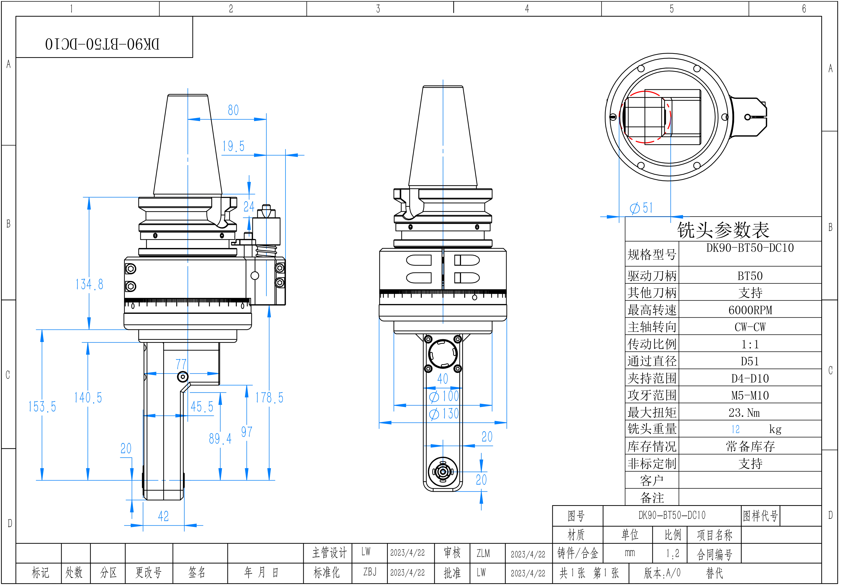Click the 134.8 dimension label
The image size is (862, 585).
89,284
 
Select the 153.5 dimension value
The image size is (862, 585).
42,407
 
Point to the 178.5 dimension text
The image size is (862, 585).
269,398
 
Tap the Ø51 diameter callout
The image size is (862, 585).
641,208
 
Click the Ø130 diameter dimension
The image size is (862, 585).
444,414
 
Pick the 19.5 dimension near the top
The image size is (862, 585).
233,146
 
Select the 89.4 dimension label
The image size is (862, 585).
220,439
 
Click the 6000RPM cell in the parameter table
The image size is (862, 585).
750,310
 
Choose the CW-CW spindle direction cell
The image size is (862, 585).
750,327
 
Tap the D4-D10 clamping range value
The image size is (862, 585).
750,378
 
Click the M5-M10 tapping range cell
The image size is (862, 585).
750,395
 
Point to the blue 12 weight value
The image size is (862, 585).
735,429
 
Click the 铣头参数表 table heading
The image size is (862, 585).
723,230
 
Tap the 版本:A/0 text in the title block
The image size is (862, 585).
662,573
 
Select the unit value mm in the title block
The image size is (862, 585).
630,553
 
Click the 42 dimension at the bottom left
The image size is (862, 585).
163,516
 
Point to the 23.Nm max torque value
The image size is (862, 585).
744,412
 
